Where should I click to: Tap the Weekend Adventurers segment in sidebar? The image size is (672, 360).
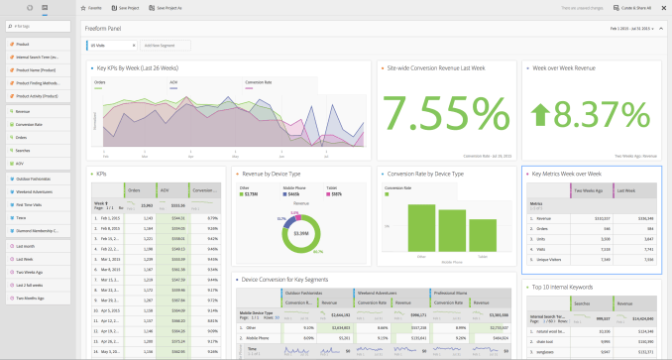[37, 190]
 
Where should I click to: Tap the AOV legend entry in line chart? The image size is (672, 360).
[173, 82]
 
